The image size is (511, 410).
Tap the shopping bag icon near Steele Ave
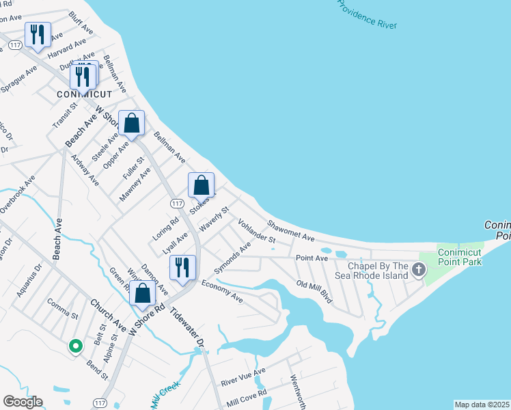point(132,124)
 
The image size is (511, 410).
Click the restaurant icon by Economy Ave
point(182,267)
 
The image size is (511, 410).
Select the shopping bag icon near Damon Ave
point(143,294)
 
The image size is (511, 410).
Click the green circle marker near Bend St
point(75,346)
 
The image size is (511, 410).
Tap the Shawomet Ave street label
point(290,230)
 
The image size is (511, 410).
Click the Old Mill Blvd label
point(314,292)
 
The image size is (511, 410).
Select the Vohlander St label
point(256,231)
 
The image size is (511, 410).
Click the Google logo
point(23,402)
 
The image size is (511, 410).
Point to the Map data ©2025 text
point(482,405)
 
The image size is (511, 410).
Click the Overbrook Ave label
point(18,195)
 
